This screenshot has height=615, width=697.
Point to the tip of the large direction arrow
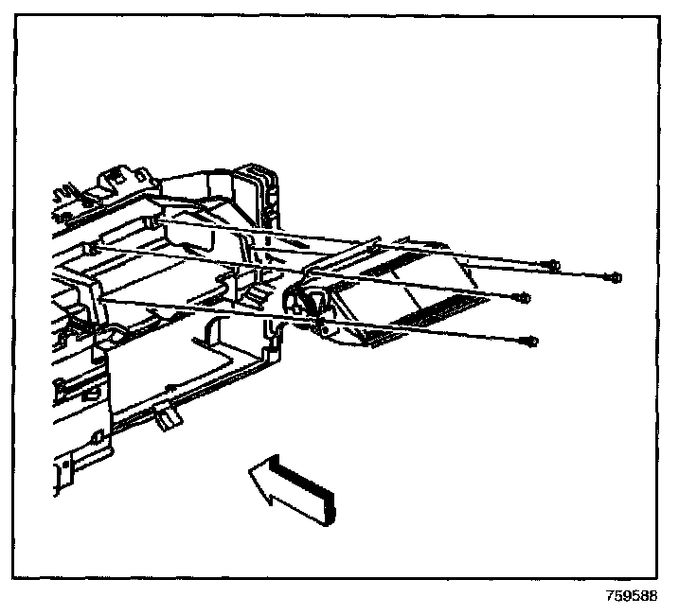pyautogui.click(x=249, y=469)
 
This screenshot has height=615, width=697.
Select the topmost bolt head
pyautogui.click(x=553, y=265)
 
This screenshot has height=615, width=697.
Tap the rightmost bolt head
pyautogui.click(x=616, y=277)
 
